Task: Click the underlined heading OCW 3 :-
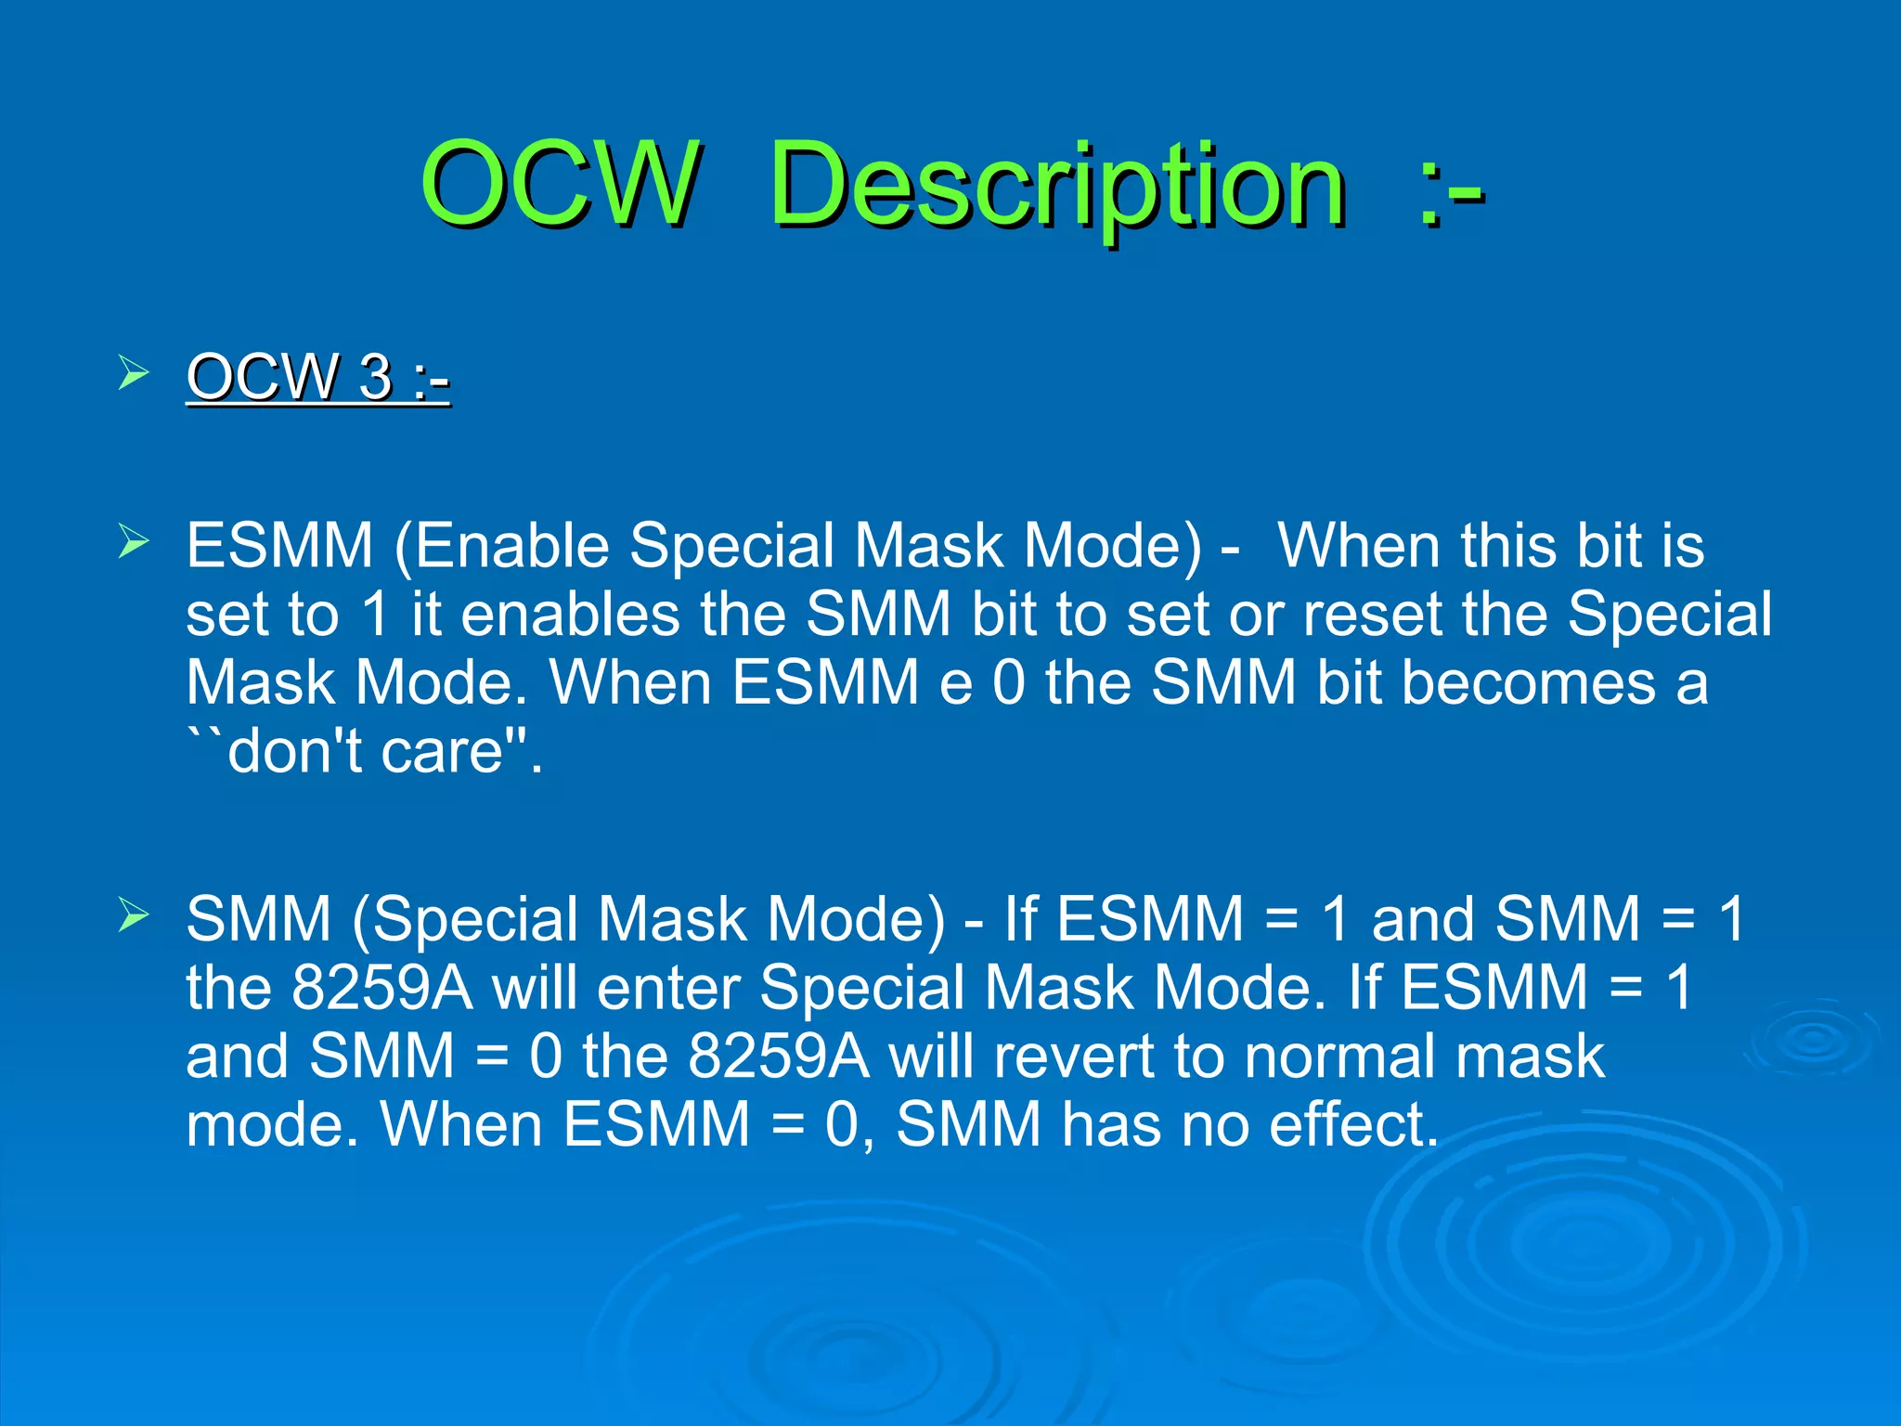318,377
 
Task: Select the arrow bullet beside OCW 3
134,374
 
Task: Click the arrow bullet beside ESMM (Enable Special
134,541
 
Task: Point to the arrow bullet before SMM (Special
134,915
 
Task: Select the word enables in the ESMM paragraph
571,614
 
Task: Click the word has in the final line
1110,1124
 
